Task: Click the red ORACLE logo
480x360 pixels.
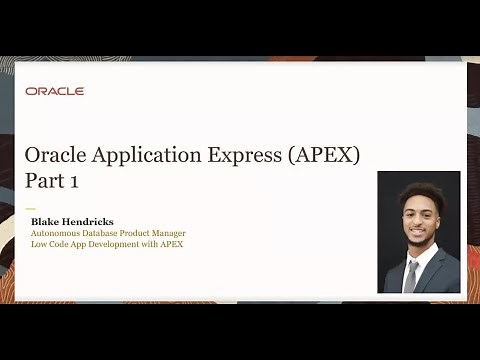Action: point(55,91)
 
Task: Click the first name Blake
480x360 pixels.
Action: point(45,221)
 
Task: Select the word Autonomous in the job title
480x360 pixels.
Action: point(55,233)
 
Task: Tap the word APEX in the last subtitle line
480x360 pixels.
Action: point(171,244)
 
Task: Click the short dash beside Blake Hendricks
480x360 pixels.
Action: point(30,209)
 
